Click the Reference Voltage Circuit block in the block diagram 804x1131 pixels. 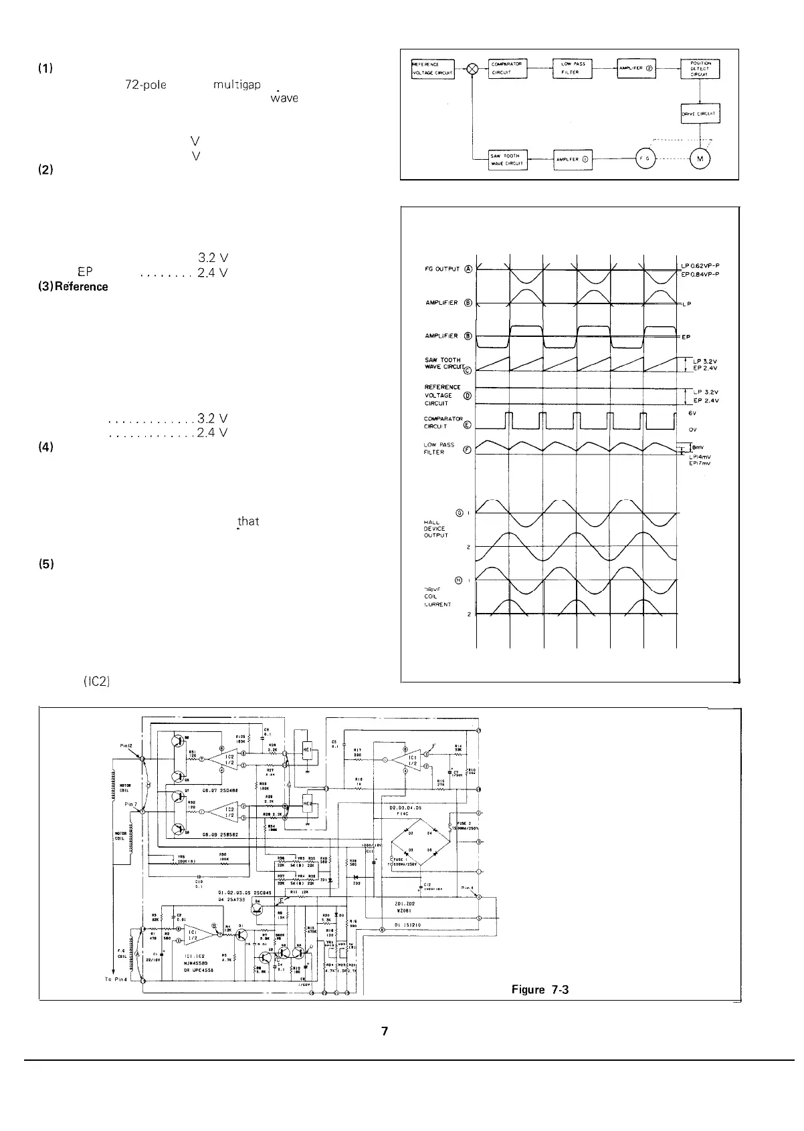click(433, 70)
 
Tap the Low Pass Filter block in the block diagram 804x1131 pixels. click(573, 68)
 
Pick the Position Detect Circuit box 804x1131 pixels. click(699, 69)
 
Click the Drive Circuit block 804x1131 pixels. click(699, 114)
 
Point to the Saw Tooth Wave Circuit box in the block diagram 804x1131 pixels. click(509, 160)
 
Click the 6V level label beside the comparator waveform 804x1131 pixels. click(693, 412)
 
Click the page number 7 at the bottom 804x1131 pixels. click(385, 1031)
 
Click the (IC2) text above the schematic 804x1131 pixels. click(97, 682)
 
